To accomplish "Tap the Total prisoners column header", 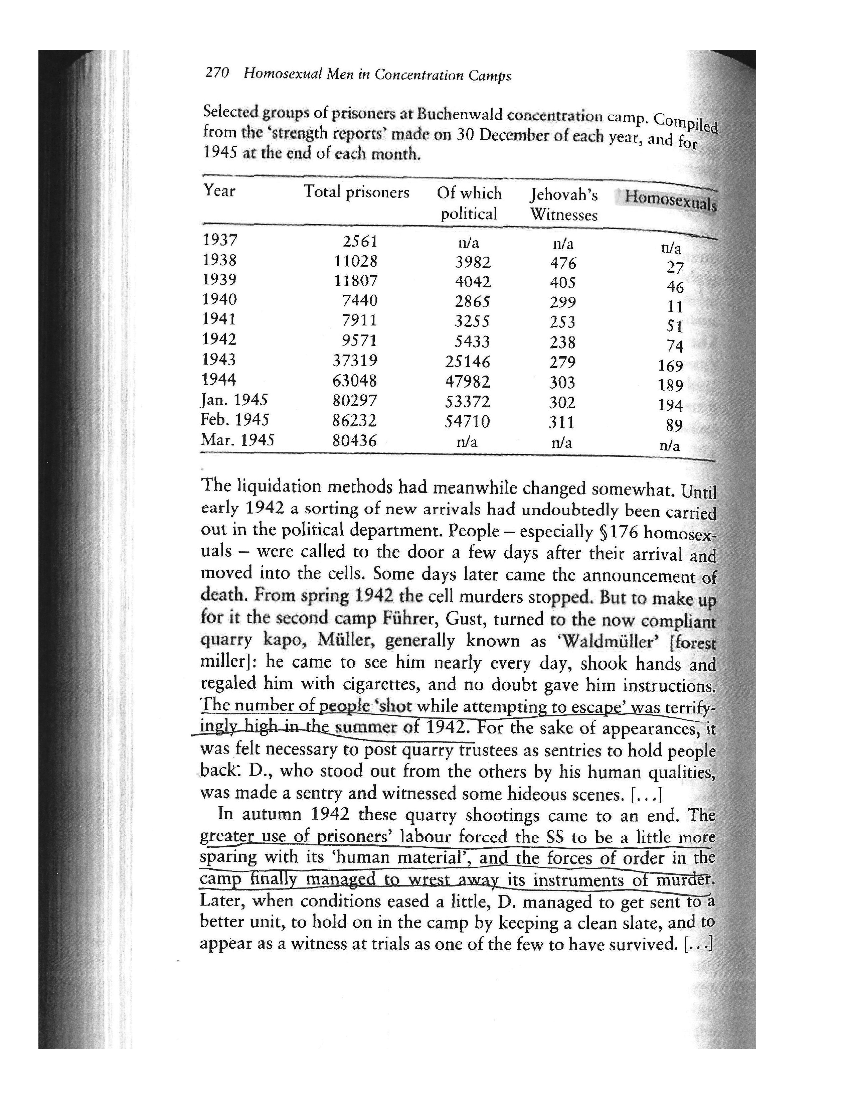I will [356, 192].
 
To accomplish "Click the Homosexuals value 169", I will [670, 366].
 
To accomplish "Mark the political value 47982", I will [467, 382].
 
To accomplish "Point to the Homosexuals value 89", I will [674, 426].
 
